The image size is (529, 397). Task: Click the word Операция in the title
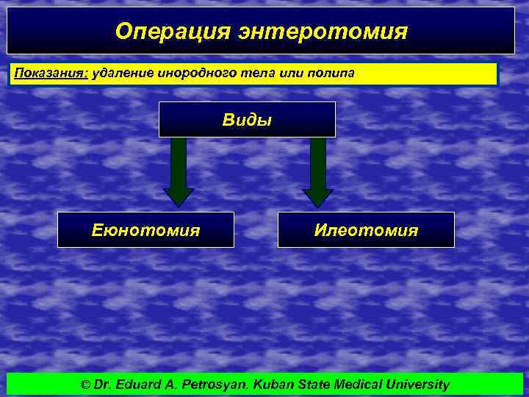point(171,31)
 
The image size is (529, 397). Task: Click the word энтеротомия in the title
point(321,31)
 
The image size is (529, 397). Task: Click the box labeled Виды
point(247,120)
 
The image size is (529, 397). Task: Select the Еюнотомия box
point(145,230)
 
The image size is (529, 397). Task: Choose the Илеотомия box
point(366,230)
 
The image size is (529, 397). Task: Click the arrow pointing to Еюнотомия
point(178,173)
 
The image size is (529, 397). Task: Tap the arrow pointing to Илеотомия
point(317,173)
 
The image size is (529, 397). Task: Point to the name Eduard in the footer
point(137,385)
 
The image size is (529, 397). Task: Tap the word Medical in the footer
point(360,385)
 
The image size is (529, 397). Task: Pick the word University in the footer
point(418,385)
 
